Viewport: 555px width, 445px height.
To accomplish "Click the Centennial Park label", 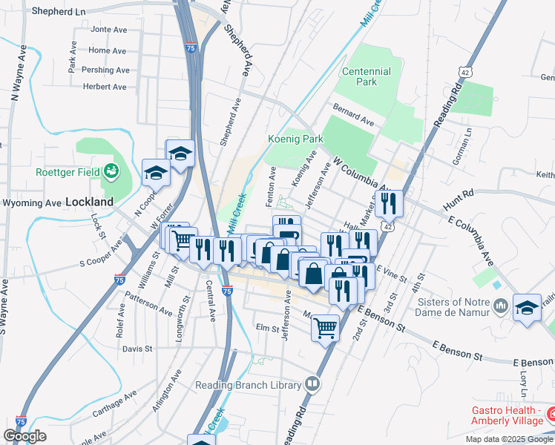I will [x=366, y=76].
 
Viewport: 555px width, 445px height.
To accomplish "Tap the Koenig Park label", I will [x=295, y=139].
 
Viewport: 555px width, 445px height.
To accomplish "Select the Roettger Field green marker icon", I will [x=112, y=172].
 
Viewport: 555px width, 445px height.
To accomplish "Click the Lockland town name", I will [x=89, y=202].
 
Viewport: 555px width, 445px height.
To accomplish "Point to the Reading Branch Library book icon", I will [x=313, y=384].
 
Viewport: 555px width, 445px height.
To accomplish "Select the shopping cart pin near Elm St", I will [x=326, y=326].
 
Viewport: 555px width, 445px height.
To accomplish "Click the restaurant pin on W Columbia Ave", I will [x=389, y=202].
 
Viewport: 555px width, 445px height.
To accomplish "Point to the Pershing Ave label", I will [x=105, y=70].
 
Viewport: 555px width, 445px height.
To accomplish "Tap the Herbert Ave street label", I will [x=105, y=87].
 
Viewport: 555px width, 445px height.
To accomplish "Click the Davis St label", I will [x=137, y=348].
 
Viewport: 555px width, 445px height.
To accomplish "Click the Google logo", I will [x=24, y=436].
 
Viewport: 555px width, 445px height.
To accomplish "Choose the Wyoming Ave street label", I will [x=32, y=202].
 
